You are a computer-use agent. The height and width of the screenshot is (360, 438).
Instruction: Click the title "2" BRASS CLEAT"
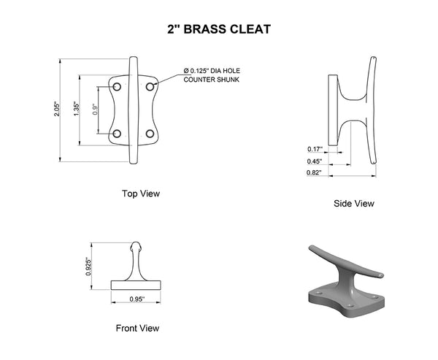pyautogui.click(x=219, y=29)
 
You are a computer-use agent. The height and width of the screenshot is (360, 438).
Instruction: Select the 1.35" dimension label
pyautogui.click(x=77, y=110)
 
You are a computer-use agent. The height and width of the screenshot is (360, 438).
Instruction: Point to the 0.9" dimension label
pyautogui.click(x=95, y=110)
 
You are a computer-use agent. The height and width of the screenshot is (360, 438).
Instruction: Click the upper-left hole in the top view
pyautogui.click(x=117, y=87)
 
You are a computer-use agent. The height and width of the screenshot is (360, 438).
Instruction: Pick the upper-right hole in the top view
pyautogui.click(x=150, y=87)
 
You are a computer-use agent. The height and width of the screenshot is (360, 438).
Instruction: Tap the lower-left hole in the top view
pyautogui.click(x=117, y=134)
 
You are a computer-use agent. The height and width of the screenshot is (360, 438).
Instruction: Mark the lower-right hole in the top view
pyautogui.click(x=150, y=134)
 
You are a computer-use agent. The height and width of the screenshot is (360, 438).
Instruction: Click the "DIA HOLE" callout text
pyautogui.click(x=225, y=71)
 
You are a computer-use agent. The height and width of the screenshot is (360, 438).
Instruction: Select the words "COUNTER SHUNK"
pyautogui.click(x=212, y=80)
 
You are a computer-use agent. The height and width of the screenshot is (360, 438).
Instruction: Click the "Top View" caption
pyautogui.click(x=141, y=194)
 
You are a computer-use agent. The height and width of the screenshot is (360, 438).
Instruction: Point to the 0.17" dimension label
pyautogui.click(x=315, y=149)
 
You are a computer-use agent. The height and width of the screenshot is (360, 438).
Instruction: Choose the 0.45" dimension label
pyautogui.click(x=314, y=161)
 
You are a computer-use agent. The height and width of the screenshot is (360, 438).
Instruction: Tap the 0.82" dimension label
pyautogui.click(x=314, y=173)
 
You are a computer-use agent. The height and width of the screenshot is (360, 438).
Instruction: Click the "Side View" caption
pyautogui.click(x=354, y=204)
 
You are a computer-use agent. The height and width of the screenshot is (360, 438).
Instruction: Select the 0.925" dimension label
pyautogui.click(x=88, y=267)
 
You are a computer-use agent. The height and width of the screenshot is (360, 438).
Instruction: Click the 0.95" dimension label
pyautogui.click(x=137, y=299)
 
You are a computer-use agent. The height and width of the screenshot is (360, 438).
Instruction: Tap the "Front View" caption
pyautogui.click(x=137, y=328)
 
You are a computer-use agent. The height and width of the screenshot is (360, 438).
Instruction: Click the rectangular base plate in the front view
pyautogui.click(x=136, y=285)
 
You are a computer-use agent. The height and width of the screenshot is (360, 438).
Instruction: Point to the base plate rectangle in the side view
pyautogui.click(x=333, y=110)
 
